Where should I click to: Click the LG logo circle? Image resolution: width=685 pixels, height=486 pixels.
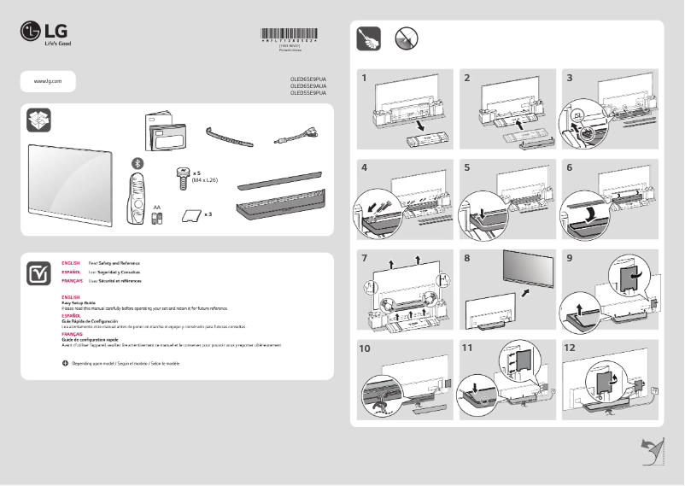[x=31, y=32]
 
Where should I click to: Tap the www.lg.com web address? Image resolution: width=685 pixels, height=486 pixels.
[x=46, y=80]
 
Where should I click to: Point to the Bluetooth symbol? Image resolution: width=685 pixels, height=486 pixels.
[x=135, y=162]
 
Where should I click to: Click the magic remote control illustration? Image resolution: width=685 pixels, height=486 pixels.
[x=135, y=199]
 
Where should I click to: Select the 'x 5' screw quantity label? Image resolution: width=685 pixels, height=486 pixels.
[x=196, y=172]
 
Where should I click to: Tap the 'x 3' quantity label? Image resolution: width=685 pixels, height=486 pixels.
[x=208, y=214]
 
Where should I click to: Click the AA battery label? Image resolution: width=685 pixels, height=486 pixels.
[x=156, y=207]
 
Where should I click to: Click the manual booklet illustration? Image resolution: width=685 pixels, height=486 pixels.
[x=164, y=132]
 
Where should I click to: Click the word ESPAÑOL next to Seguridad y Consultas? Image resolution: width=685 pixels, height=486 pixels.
[x=71, y=272]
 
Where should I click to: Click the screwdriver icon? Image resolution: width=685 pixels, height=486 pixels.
[x=368, y=38]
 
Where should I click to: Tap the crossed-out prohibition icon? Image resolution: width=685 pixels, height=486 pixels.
[x=406, y=38]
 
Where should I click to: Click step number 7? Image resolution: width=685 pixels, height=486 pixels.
[x=365, y=257]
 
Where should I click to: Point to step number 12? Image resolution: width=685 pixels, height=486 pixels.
[x=571, y=348]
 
